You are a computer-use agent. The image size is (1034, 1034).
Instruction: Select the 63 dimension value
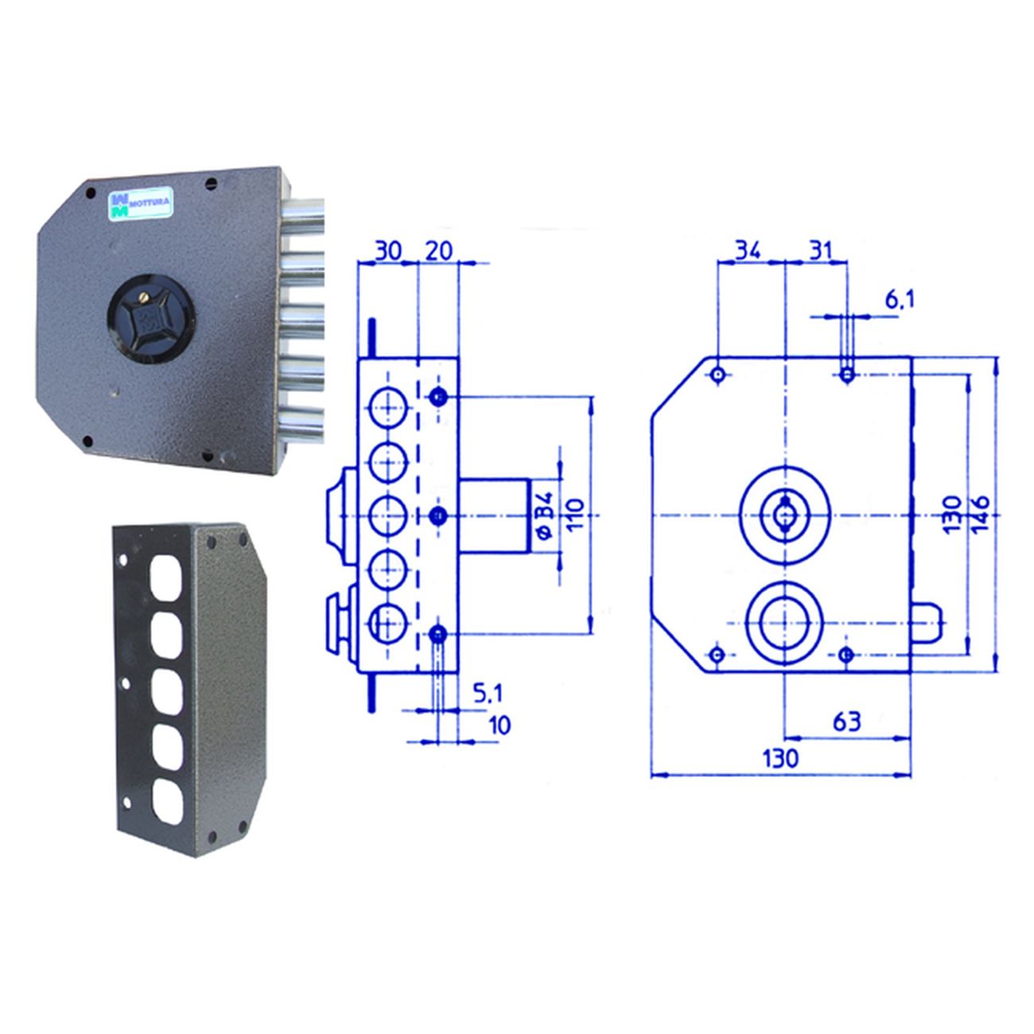tap(847, 721)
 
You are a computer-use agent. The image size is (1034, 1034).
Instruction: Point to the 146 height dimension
tap(980, 515)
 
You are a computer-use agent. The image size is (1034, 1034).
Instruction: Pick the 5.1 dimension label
tap(488, 694)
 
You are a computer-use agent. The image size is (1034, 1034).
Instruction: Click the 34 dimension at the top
tap(748, 251)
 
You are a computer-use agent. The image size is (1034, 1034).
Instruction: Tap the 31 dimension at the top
tap(819, 251)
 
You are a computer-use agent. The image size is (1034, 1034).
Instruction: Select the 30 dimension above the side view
tap(388, 251)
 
